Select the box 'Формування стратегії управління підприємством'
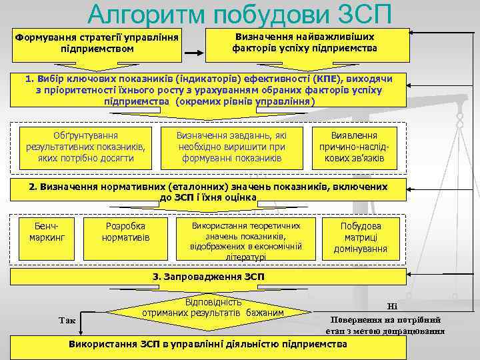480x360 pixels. (97, 43)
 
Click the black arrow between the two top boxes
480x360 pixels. (194, 53)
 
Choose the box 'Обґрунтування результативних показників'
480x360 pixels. (85, 146)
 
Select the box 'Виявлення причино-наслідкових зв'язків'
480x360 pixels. (354, 146)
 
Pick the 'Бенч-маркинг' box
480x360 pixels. (47, 231)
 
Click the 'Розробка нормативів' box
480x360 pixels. (125, 231)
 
